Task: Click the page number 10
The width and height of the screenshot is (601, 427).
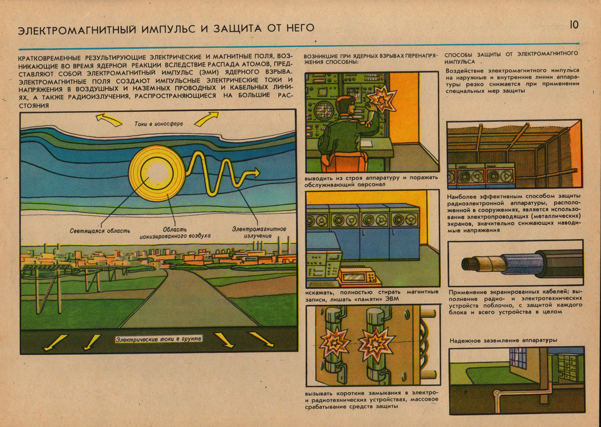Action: click(x=573, y=25)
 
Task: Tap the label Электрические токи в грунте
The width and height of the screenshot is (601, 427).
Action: click(x=158, y=339)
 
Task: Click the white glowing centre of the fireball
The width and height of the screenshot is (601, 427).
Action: click(x=157, y=172)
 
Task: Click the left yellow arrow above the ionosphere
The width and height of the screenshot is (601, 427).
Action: click(x=109, y=120)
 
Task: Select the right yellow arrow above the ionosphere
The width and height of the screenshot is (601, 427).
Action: click(x=207, y=119)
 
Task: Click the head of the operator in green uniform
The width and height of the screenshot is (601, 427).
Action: click(x=346, y=106)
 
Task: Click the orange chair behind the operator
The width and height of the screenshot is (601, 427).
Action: click(x=345, y=162)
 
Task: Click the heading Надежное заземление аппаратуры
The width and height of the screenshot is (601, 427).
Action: click(x=503, y=340)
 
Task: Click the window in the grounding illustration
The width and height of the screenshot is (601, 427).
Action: click(x=518, y=358)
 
